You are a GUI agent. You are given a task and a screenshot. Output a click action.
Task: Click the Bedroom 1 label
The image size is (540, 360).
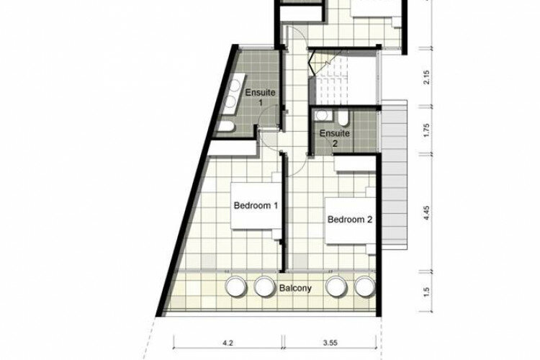[x=256, y=206]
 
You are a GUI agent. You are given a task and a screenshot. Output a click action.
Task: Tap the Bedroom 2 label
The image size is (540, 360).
[x=349, y=220]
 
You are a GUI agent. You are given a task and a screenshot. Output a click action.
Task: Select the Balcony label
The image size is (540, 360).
[x=295, y=288]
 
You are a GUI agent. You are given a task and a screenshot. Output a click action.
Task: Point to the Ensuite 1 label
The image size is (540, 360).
[x=260, y=97]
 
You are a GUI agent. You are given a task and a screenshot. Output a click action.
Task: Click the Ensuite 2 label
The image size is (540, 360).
[x=334, y=138]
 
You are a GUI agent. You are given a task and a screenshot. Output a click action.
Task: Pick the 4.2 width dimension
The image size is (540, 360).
[x=228, y=343]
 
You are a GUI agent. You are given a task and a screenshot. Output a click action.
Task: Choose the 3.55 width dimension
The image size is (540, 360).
[x=330, y=343]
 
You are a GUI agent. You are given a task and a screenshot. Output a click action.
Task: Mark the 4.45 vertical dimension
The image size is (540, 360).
[x=426, y=212]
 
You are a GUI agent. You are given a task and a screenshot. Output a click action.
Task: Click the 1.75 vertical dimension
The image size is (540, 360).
[x=426, y=130]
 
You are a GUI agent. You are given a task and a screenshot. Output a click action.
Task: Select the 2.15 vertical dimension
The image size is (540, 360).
[x=426, y=77]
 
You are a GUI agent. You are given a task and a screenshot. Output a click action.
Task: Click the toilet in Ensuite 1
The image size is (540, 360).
[x=226, y=127]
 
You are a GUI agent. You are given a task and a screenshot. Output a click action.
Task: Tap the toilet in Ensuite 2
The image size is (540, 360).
[x=343, y=118]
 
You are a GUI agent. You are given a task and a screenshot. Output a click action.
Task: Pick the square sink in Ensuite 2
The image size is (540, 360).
[x=323, y=115]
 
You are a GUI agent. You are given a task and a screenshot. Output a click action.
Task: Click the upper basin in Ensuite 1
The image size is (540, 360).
[x=235, y=86]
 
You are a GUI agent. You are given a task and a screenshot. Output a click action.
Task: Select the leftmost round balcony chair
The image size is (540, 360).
[x=235, y=287]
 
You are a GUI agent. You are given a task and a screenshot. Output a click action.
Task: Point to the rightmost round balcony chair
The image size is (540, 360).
[x=365, y=287]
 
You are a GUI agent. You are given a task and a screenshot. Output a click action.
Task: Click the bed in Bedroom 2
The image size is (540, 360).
[x=351, y=220]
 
